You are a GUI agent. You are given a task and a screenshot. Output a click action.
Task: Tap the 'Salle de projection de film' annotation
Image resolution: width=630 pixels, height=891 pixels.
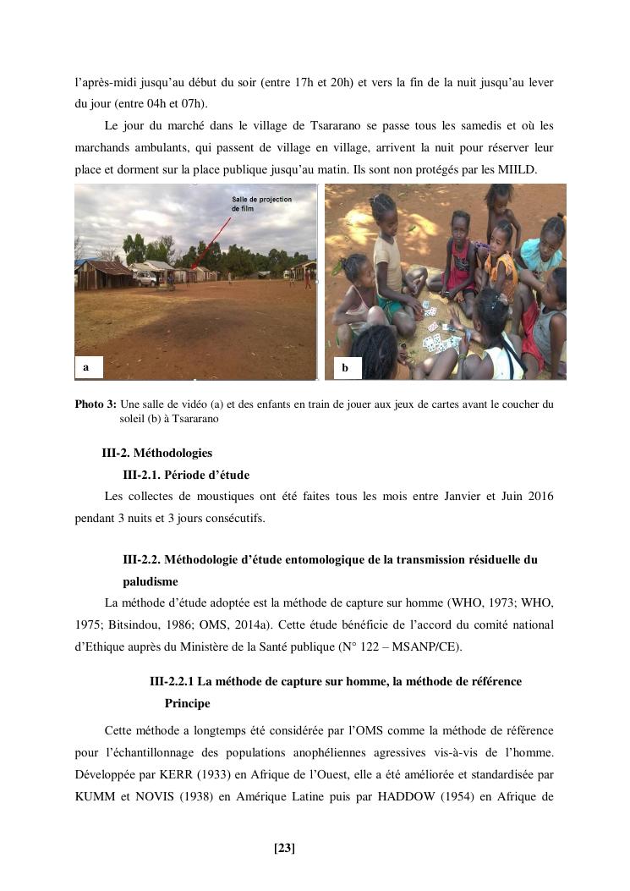(x=261, y=203)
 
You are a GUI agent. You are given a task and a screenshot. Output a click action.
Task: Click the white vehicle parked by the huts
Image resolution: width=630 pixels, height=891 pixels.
(x=146, y=278)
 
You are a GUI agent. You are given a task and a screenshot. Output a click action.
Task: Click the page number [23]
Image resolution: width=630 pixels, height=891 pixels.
(x=285, y=848)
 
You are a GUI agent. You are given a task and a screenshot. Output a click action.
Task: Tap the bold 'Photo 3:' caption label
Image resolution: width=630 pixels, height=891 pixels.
(x=95, y=404)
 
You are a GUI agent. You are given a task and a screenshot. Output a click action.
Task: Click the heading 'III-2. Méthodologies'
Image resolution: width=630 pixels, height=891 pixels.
(x=157, y=453)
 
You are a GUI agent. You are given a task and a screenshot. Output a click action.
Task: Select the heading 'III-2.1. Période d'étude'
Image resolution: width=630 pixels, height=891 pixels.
(x=186, y=475)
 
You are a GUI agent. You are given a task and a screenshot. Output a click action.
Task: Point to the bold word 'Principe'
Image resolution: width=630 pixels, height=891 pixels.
(x=188, y=703)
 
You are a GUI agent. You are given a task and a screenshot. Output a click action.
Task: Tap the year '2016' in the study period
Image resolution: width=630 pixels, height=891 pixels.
(x=537, y=497)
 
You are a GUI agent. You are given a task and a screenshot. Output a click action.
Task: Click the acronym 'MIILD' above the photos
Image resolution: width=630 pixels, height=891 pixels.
(x=518, y=169)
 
